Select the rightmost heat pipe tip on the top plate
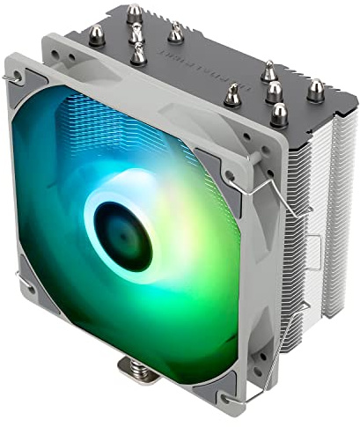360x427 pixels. point(314,89)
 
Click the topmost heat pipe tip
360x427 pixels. point(135,13)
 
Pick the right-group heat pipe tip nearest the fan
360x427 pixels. point(232,94)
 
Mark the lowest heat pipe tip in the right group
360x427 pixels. point(278,113)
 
